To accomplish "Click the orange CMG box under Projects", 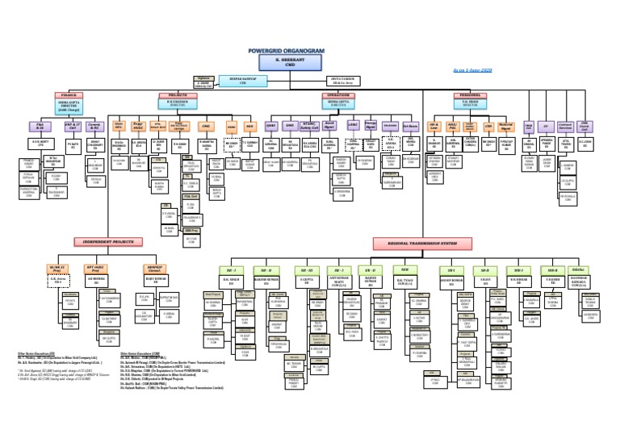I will [205, 127].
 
